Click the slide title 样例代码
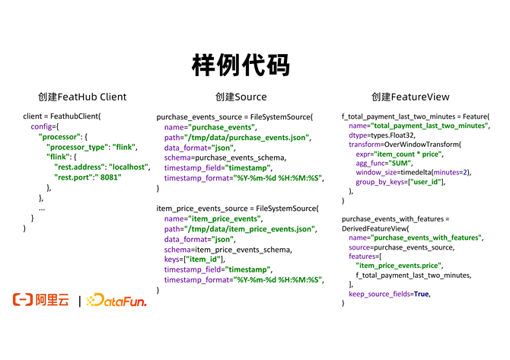coord(241,65)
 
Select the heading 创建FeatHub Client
coord(82,97)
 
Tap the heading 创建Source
coord(241,97)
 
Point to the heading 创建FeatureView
coord(410,97)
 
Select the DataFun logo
coord(116,301)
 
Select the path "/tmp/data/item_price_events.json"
coord(250,228)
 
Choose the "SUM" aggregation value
coord(401,163)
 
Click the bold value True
coord(422,293)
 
